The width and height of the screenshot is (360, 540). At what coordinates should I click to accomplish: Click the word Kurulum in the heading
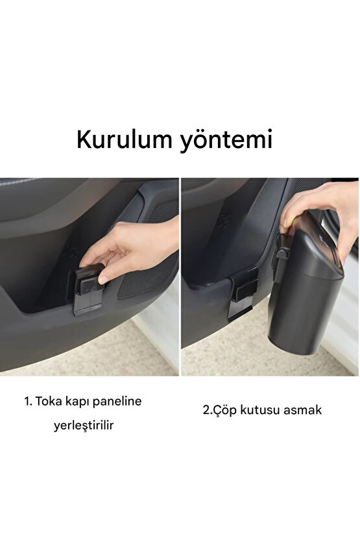coord(122,140)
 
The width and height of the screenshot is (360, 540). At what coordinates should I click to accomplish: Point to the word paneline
coord(121,402)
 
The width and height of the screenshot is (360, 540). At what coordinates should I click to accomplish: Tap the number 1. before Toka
coord(29,401)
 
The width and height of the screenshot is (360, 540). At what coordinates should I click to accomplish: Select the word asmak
coord(302,410)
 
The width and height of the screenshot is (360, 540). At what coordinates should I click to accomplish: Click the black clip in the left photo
coord(88,289)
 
